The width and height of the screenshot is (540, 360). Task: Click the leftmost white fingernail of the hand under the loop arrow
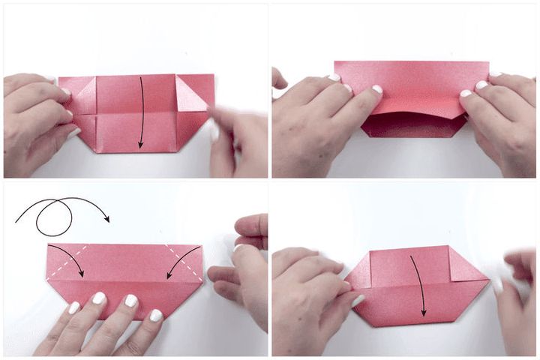click(x=73, y=307)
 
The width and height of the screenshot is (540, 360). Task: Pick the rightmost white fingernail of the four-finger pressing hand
click(x=156, y=316)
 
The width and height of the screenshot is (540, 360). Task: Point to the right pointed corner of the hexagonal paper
click(x=488, y=279)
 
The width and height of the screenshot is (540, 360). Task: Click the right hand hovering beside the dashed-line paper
click(x=244, y=270)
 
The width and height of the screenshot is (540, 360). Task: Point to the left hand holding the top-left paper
click(x=34, y=120)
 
